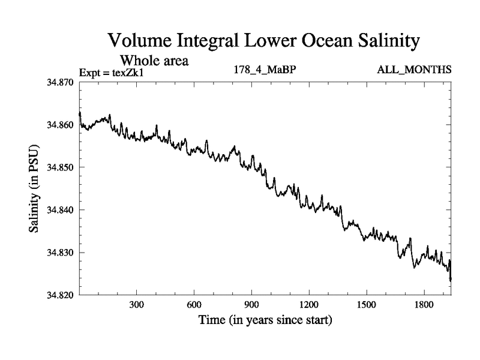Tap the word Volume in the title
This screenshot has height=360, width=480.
[139, 41]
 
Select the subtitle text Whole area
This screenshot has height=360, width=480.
[155, 61]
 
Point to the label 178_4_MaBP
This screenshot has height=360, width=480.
[265, 70]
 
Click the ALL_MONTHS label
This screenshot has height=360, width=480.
[414, 70]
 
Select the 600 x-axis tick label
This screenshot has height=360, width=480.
[194, 305]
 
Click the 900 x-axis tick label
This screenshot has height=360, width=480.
[251, 305]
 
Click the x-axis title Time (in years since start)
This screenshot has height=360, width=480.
[265, 320]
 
